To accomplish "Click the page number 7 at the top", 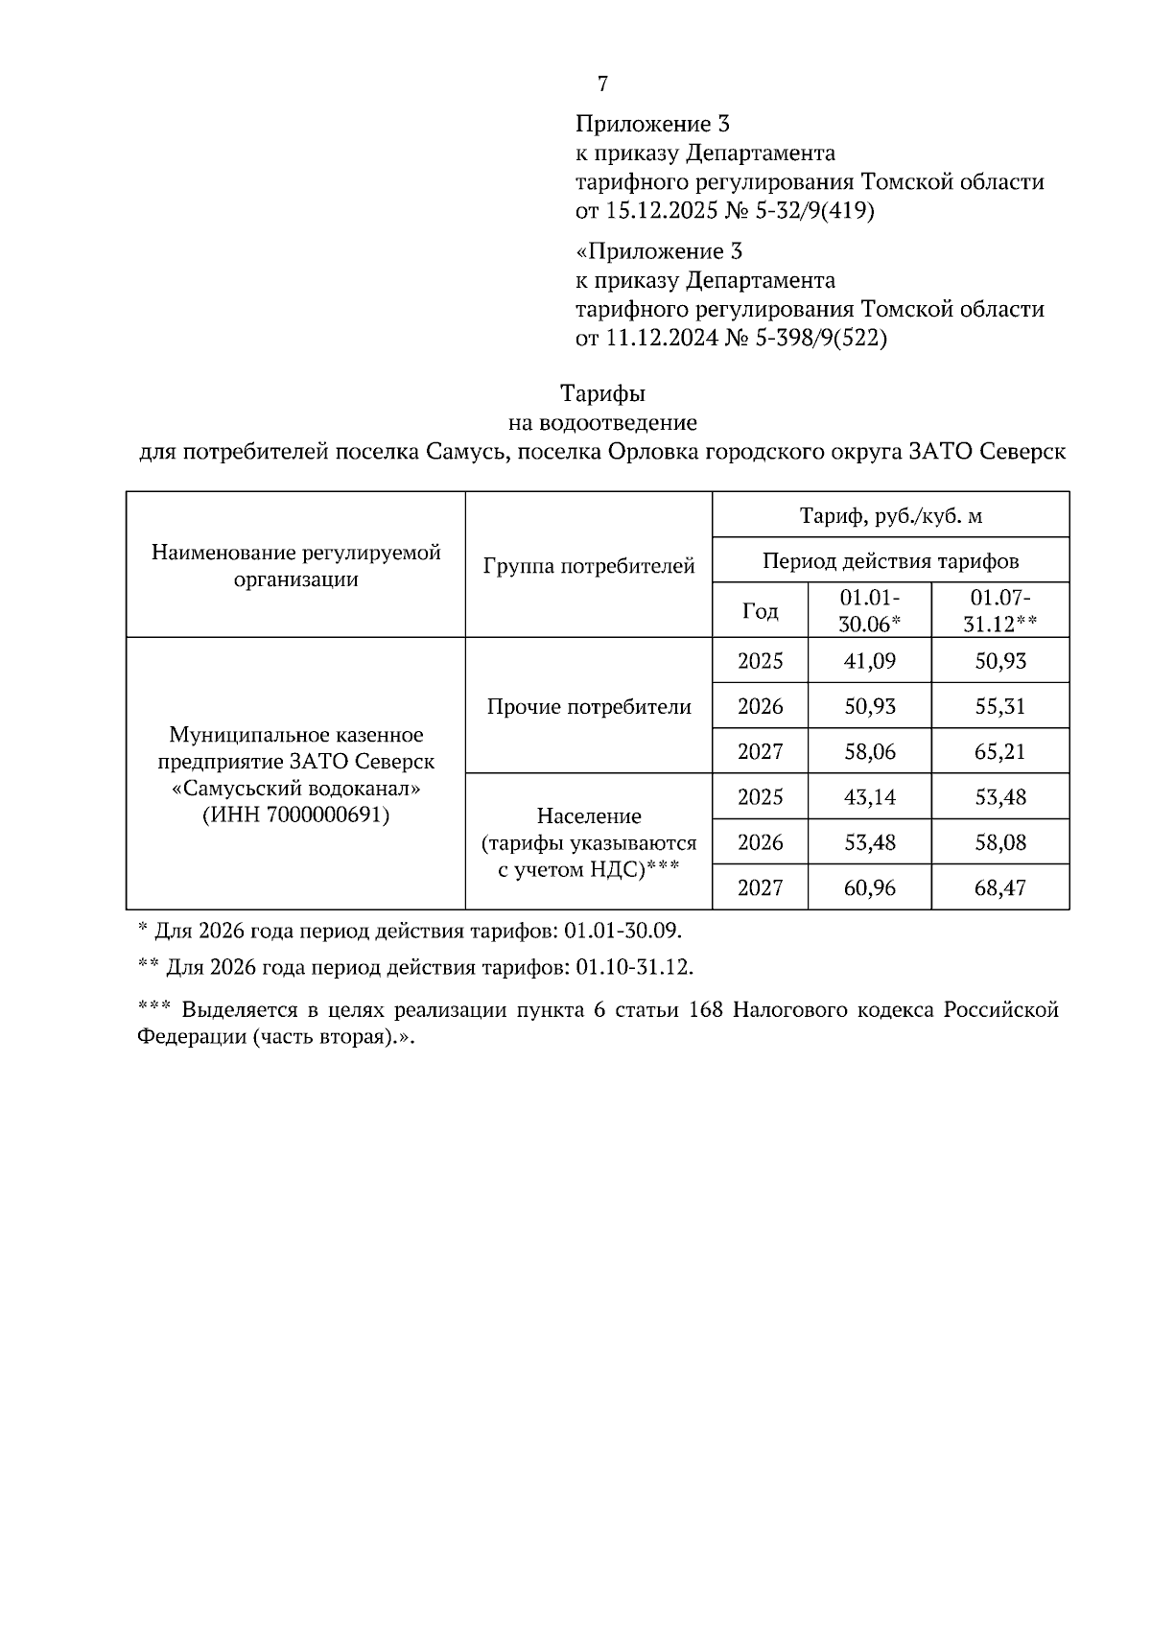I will pos(602,84).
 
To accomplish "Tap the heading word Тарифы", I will pos(602,393).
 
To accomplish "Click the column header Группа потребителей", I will pos(589,566).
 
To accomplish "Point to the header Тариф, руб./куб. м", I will pos(891,516).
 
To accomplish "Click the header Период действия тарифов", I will pos(891,560).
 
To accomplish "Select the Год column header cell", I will pos(761,610).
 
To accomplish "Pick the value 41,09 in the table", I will pos(869,661).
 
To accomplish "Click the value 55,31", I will pos(999,707).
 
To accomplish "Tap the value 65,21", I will pos(999,752).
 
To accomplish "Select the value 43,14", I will pos(869,797).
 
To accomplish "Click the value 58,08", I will pos(999,842).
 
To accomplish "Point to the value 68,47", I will pos(999,888).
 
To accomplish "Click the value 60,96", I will pos(869,888).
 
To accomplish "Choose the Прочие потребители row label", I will pos(589,707).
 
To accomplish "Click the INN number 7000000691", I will pos(325,816).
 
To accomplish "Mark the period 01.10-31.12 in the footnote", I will pos(633,967).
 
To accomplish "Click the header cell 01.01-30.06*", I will pos(869,610).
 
